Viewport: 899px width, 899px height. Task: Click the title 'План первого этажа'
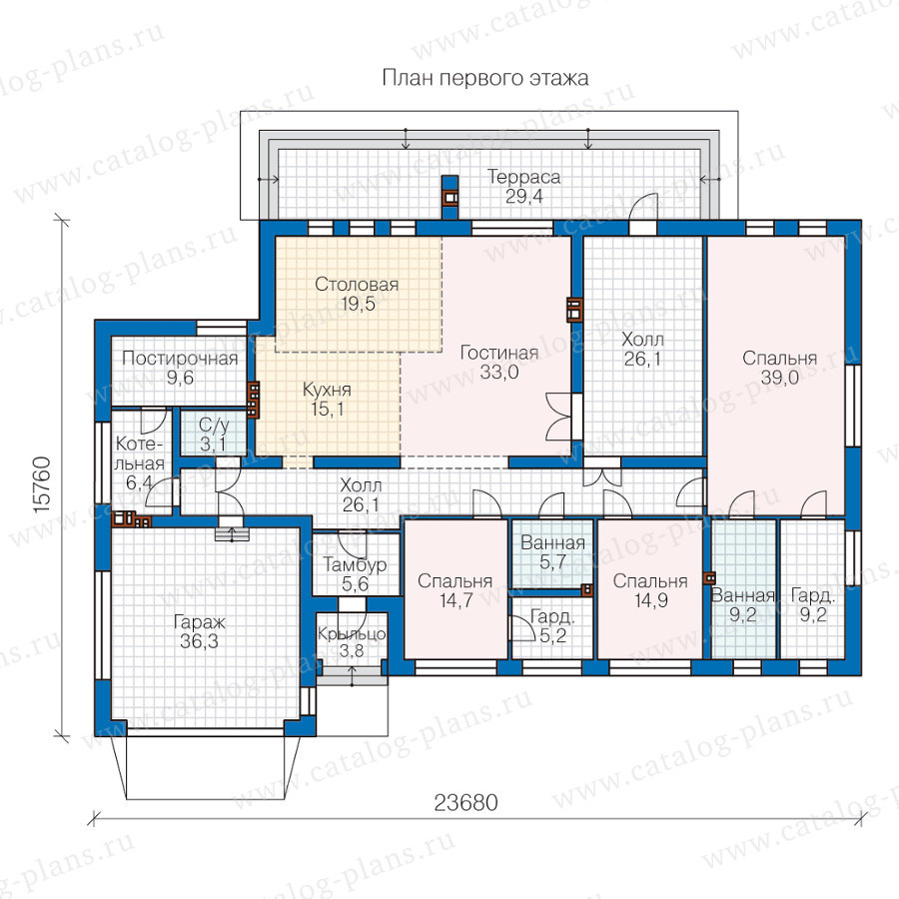pos(485,78)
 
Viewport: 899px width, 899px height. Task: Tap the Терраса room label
pos(523,177)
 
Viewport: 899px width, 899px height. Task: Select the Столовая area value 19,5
pos(358,304)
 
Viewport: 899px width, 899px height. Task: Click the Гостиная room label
pos(498,353)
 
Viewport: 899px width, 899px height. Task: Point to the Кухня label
pos(327,390)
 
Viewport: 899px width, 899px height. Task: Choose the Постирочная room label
pos(180,359)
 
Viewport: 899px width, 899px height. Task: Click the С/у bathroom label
pos(214,425)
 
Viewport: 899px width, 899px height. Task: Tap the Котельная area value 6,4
pos(138,482)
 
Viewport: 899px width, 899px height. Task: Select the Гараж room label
pos(199,622)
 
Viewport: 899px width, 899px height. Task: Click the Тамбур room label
pos(355,565)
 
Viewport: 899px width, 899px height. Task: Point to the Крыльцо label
pos(352,634)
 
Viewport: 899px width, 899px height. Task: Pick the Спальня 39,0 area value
pos(780,378)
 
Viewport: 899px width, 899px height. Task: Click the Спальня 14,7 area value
pos(455,601)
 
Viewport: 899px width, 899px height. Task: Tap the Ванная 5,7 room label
pos(552,543)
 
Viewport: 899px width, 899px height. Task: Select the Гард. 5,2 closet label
pos(552,617)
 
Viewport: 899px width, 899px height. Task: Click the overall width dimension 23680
pos(465,803)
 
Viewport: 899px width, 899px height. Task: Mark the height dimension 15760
pos(42,484)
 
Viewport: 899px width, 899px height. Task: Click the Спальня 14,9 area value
pos(650,601)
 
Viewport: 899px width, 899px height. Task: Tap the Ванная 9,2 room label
pos(743,595)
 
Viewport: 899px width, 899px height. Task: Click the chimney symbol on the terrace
pos(450,197)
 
